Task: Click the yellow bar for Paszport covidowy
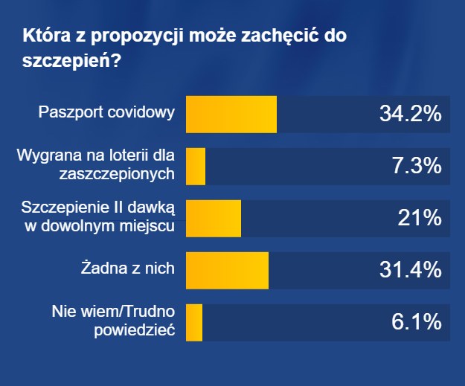point(231,115)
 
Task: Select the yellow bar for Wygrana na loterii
point(195,167)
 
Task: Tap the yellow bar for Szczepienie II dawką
point(213,219)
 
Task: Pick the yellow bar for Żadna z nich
point(227,271)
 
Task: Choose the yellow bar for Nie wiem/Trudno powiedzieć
point(193,323)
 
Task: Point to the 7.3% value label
point(417,167)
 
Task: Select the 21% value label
point(422,219)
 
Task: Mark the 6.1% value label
point(417,323)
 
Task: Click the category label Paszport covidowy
point(107,114)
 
